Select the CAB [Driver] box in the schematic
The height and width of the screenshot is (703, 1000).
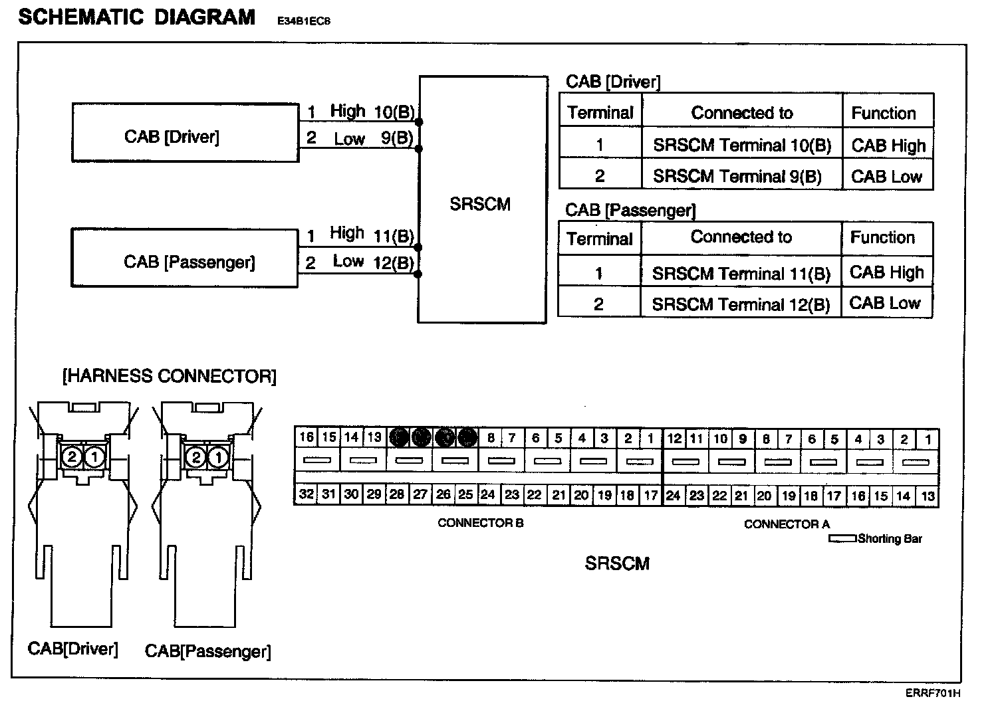pos(185,133)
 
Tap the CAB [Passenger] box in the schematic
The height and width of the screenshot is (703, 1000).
pos(184,259)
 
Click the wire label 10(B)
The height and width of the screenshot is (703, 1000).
pos(394,112)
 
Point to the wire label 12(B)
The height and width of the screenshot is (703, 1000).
pos(394,263)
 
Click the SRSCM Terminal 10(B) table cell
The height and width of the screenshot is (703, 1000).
pos(741,146)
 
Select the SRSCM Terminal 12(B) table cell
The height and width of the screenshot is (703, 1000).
pos(741,304)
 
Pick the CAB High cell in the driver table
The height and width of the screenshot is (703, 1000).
pos(888,146)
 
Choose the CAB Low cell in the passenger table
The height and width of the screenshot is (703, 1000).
pos(885,303)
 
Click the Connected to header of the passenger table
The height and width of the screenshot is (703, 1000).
pos(741,237)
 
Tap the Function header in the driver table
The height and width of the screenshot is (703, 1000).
pos(884,114)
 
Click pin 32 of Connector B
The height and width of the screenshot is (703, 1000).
pos(306,494)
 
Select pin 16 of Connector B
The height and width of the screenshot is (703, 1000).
pos(306,437)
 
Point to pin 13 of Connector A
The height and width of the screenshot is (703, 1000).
pos(928,496)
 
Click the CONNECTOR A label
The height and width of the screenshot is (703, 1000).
pos(787,524)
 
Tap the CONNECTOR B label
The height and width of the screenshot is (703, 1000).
pos(480,523)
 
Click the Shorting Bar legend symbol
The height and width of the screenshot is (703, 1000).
pos(842,539)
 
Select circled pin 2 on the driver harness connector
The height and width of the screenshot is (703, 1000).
pos(72,456)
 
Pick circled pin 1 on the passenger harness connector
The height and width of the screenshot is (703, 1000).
pos(217,457)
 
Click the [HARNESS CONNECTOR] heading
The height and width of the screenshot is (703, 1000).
pos(169,377)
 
